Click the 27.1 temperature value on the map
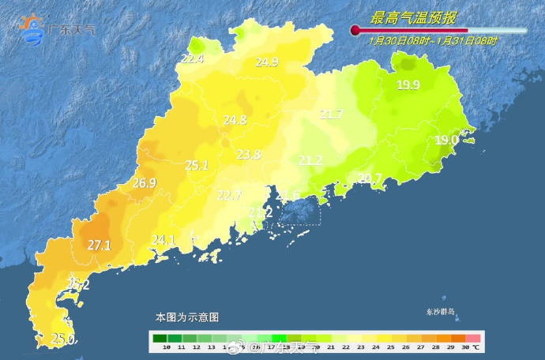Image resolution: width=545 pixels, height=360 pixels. point(99,246)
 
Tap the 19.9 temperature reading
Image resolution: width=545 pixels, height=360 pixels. point(408,85)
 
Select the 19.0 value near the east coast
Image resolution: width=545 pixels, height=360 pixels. point(446,140)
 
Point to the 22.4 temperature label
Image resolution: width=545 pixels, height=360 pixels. point(192,58)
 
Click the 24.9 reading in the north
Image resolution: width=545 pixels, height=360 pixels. point(267,62)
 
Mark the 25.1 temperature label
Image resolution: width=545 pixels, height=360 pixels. point(197,165)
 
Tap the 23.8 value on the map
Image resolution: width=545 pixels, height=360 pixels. point(249,155)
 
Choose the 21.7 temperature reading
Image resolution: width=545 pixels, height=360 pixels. point(331,114)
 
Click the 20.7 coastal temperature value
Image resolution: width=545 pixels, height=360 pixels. point(370,178)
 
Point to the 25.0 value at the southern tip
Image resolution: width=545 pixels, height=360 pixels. point(63,339)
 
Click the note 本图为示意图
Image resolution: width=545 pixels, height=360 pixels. point(187,317)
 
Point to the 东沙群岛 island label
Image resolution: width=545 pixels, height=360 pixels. point(437,313)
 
